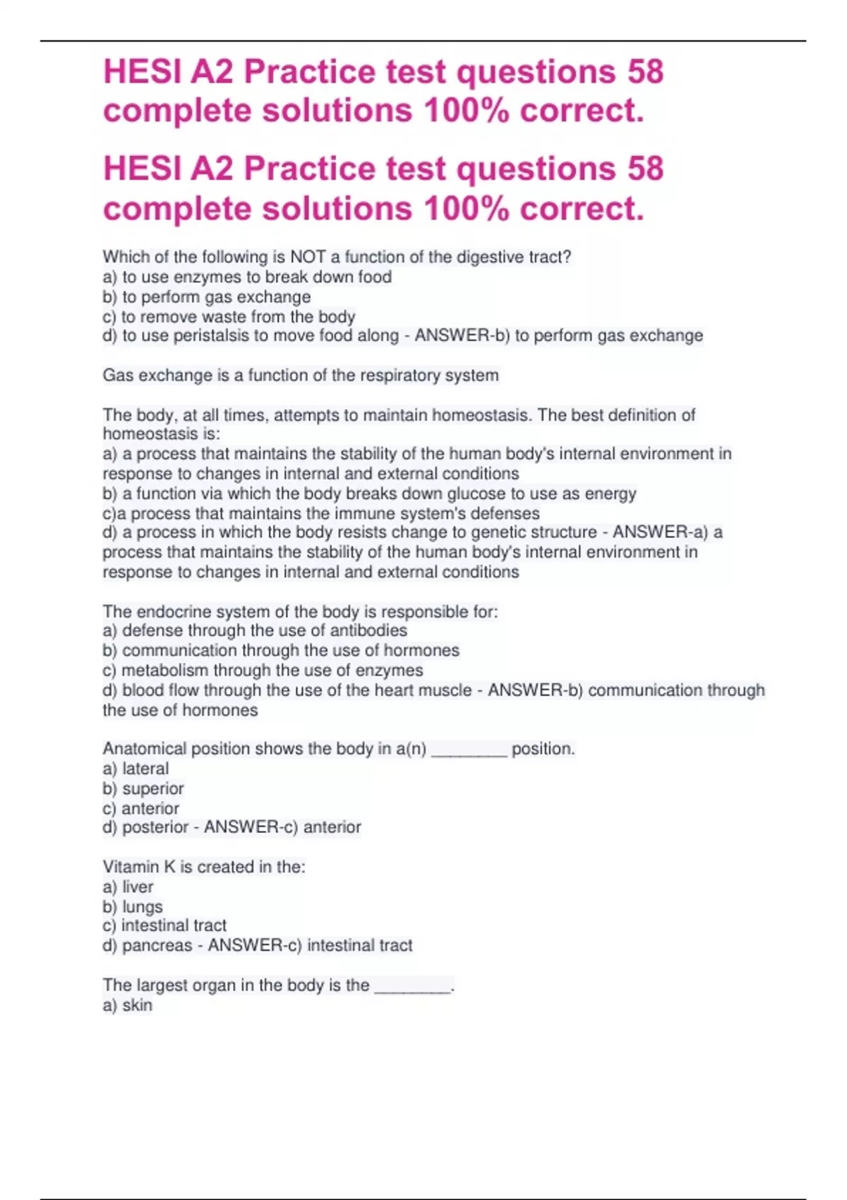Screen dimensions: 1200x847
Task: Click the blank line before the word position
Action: pyautogui.click(x=469, y=751)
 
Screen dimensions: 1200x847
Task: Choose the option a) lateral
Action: pyautogui.click(x=136, y=769)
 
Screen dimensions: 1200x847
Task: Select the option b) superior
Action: pyautogui.click(x=143, y=788)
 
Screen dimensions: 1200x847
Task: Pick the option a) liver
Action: pyautogui.click(x=128, y=887)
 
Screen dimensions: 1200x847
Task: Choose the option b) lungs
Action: pyautogui.click(x=133, y=906)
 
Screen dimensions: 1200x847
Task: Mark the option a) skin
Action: pyautogui.click(x=127, y=1005)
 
